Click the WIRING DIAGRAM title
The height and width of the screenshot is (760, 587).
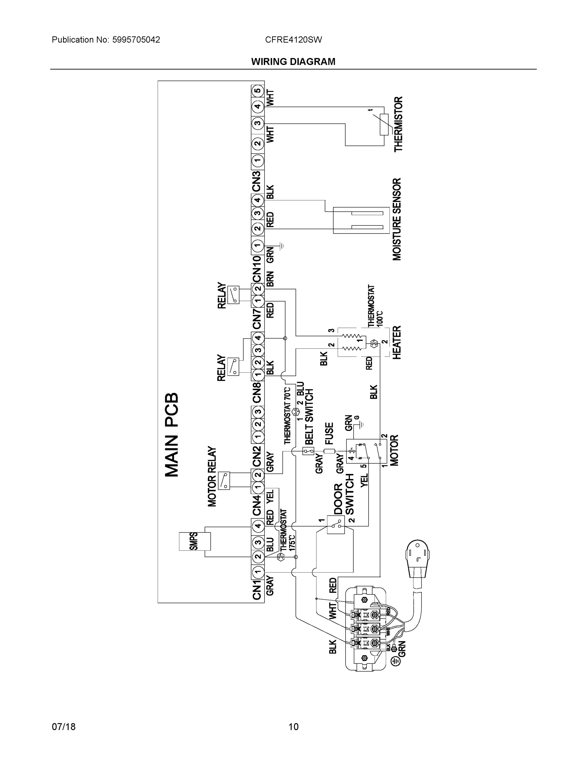293,62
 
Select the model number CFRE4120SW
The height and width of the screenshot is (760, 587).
293,40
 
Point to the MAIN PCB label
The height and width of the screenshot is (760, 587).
172,435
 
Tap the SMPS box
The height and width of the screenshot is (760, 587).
194,541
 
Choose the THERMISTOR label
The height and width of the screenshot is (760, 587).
398,124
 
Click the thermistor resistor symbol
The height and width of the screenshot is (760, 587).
384,124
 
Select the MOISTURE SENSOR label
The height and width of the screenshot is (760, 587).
397,219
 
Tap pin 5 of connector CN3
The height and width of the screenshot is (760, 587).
257,91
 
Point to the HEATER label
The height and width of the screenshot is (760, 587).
397,342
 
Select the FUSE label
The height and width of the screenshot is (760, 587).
329,433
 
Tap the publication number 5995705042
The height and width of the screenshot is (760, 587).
136,40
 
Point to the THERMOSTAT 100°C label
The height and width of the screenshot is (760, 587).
375,307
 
